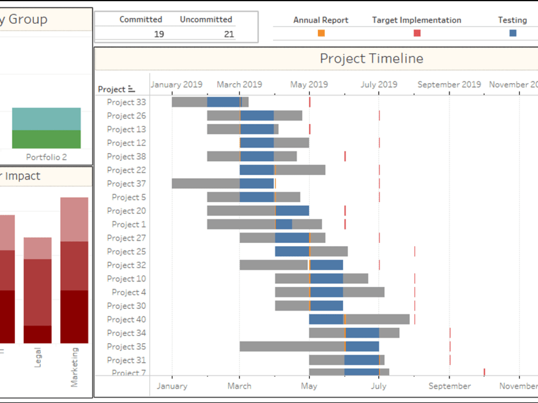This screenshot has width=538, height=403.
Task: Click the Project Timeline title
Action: (x=371, y=59)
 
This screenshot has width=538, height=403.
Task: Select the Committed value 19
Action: (x=159, y=34)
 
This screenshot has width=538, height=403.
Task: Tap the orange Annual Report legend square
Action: (x=321, y=33)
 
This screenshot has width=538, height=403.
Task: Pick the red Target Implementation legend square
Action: (x=417, y=33)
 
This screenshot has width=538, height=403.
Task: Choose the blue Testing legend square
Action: (x=513, y=33)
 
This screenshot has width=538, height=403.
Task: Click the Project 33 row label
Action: (x=126, y=102)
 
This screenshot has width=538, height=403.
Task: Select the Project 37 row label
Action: (x=126, y=184)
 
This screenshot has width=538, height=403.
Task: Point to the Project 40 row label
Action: (x=126, y=319)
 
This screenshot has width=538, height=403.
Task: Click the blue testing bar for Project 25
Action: (x=292, y=251)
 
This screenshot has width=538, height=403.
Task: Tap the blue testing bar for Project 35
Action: (x=363, y=347)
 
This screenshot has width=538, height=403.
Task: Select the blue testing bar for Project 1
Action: (x=284, y=224)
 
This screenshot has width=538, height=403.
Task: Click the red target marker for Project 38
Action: (x=345, y=156)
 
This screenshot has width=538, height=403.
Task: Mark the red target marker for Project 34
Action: (x=450, y=333)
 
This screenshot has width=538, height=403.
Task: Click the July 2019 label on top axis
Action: (x=379, y=84)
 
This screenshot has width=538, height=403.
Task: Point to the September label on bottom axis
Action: (x=450, y=386)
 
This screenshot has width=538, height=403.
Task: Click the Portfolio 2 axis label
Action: (x=46, y=157)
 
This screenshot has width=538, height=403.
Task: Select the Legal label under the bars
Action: (x=38, y=357)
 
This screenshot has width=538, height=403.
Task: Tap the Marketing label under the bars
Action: (x=74, y=367)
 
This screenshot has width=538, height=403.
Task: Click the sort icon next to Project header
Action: (x=132, y=89)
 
